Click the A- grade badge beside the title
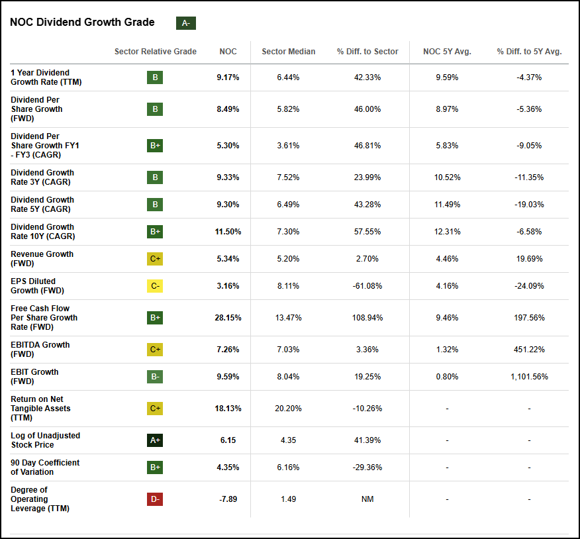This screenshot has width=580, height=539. (x=185, y=23)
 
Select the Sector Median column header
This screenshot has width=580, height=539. (x=288, y=52)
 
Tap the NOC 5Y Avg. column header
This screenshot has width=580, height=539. (x=447, y=52)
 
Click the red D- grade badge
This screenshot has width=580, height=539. (x=155, y=499)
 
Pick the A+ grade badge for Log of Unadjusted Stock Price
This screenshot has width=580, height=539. (x=155, y=440)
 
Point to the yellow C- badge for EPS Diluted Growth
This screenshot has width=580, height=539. (x=155, y=286)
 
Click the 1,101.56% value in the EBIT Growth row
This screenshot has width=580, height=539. (x=529, y=377)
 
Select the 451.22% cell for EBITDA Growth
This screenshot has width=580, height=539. (x=529, y=350)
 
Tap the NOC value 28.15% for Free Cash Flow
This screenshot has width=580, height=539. (x=228, y=318)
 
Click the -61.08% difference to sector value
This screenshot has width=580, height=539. (x=367, y=286)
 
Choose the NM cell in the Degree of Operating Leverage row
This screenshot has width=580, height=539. (x=367, y=499)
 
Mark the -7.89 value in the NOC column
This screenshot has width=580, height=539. (x=228, y=499)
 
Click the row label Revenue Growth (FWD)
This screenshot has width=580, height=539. (x=42, y=258)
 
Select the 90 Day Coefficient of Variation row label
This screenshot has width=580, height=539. (x=45, y=467)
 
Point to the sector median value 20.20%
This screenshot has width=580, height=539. (x=288, y=409)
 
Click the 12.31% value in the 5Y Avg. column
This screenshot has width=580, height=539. (x=447, y=232)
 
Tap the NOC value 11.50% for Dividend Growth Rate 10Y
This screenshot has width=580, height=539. (x=228, y=232)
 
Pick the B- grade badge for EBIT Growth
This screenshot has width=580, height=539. (x=155, y=377)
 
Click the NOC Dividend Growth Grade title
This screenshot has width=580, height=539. (x=82, y=23)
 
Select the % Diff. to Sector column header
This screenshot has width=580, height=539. (x=367, y=52)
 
